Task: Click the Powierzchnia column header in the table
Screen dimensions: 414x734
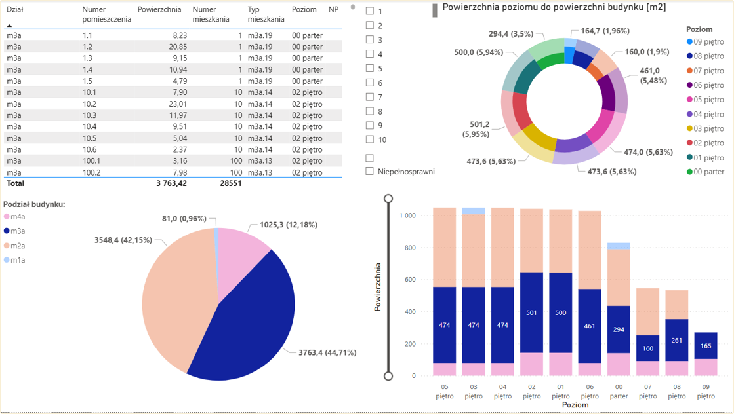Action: point(159,10)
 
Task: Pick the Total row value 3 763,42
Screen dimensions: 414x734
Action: point(171,183)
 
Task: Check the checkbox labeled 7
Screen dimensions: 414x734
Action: point(370,97)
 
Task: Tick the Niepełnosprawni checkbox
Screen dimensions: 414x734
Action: point(370,171)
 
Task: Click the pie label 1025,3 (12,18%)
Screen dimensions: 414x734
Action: point(288,225)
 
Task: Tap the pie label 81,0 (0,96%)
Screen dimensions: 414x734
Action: point(184,219)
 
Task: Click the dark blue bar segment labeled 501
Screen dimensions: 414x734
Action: point(532,312)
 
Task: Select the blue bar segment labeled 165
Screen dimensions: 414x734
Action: point(706,345)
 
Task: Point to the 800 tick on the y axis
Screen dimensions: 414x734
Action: point(410,248)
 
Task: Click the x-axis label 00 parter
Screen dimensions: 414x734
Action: point(618,392)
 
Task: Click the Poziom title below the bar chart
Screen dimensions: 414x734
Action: point(575,405)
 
